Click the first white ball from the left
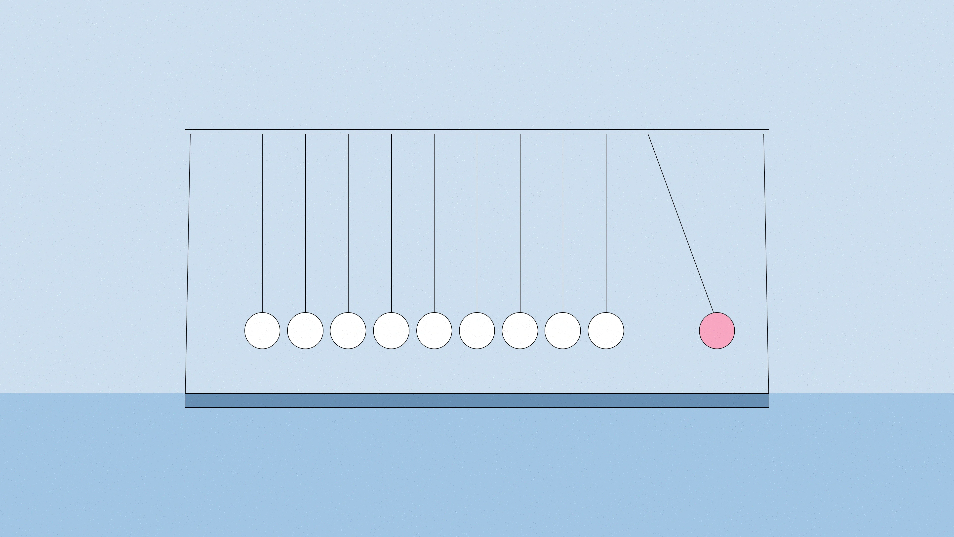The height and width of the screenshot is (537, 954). click(x=262, y=331)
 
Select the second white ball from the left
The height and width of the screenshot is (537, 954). click(x=305, y=331)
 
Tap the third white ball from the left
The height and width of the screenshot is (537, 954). click(x=348, y=331)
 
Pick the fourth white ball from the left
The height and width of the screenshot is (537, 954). click(x=391, y=331)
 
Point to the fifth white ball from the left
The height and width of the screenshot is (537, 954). click(x=434, y=331)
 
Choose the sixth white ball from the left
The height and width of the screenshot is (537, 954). click(x=477, y=331)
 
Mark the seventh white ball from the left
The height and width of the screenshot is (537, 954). click(x=520, y=331)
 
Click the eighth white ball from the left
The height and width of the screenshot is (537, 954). click(x=562, y=331)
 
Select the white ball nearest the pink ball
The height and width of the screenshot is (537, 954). click(x=606, y=331)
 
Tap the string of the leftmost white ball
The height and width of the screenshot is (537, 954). click(x=262, y=222)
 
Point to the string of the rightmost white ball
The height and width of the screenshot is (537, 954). click(x=606, y=222)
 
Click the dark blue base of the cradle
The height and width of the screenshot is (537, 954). click(x=477, y=400)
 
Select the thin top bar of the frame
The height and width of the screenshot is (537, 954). click(x=477, y=132)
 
